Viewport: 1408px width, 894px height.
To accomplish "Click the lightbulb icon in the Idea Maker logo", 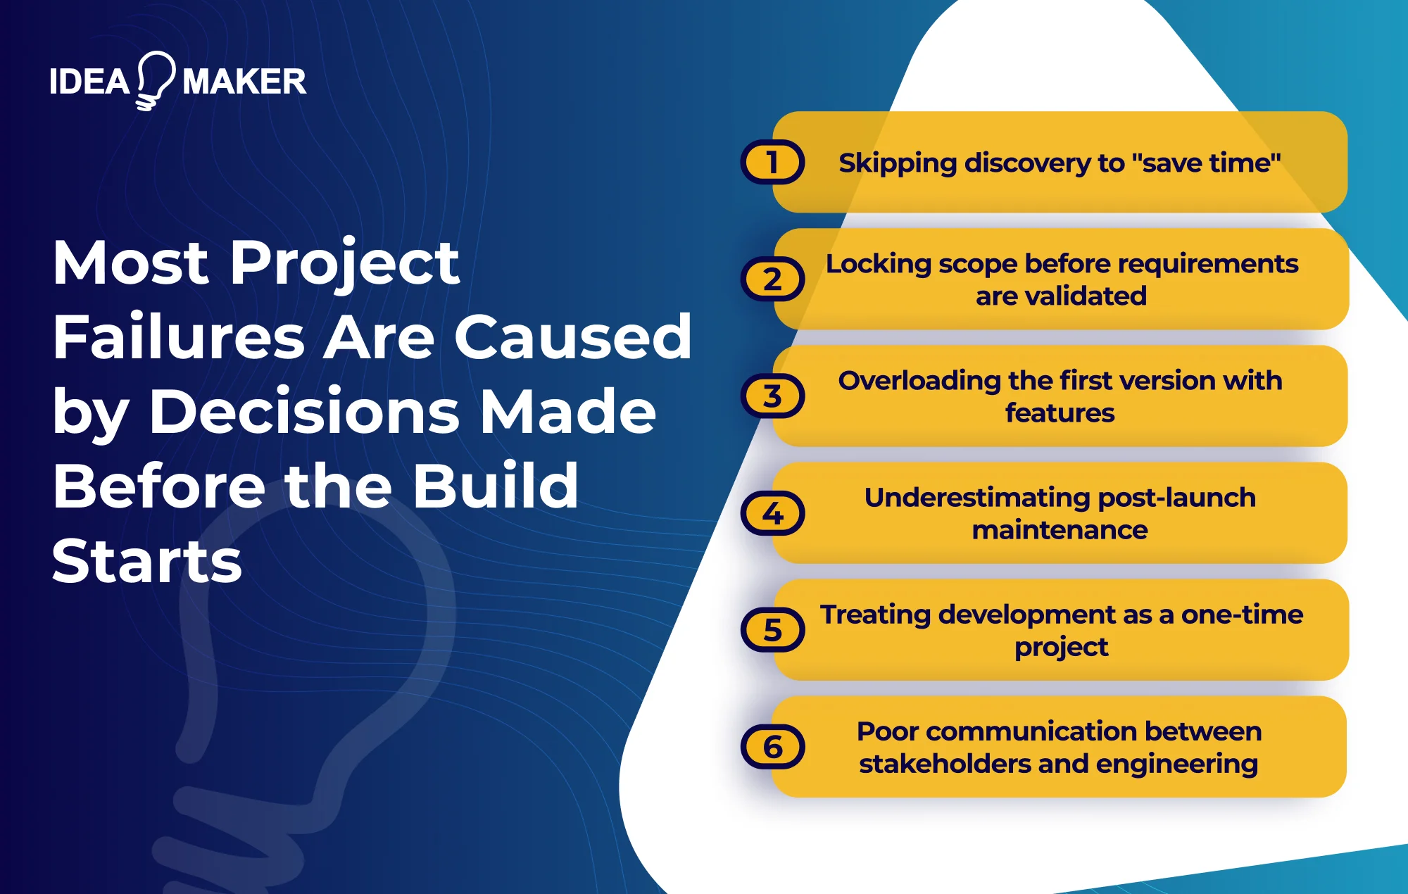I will (156, 80).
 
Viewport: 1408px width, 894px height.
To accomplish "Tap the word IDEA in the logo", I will (89, 82).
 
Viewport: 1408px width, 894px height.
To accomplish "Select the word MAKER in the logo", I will (244, 82).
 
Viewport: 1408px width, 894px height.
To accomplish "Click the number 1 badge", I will (772, 163).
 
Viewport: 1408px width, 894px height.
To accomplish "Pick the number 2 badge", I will (772, 279).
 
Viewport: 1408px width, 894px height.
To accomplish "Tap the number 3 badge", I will (772, 396).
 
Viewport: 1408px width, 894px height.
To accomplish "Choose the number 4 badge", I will (772, 513).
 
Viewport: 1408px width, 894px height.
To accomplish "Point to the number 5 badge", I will (772, 630).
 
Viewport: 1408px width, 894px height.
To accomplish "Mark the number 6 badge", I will (772, 747).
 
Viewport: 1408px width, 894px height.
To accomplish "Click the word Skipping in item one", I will (898, 163).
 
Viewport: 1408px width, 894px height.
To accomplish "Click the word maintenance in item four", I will (1060, 530).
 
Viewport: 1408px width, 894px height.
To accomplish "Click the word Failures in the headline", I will (179, 337).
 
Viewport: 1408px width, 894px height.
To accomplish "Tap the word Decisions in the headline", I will (304, 412).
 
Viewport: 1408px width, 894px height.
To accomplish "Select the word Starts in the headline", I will (147, 561).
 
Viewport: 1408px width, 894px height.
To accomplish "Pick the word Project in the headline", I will (345, 263).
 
